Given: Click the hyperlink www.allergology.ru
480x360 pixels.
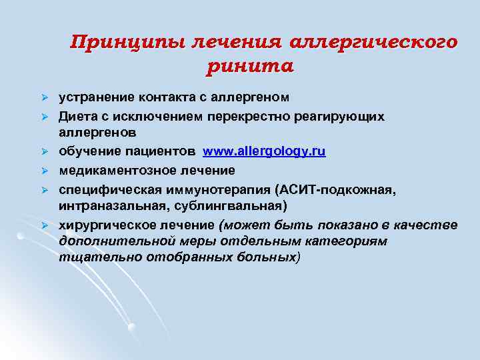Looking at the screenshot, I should coord(264,151).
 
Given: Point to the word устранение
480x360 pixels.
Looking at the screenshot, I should coord(92,97).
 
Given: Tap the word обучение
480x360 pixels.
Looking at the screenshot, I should coord(87,151).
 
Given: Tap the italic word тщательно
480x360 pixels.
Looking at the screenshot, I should coord(89,255).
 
